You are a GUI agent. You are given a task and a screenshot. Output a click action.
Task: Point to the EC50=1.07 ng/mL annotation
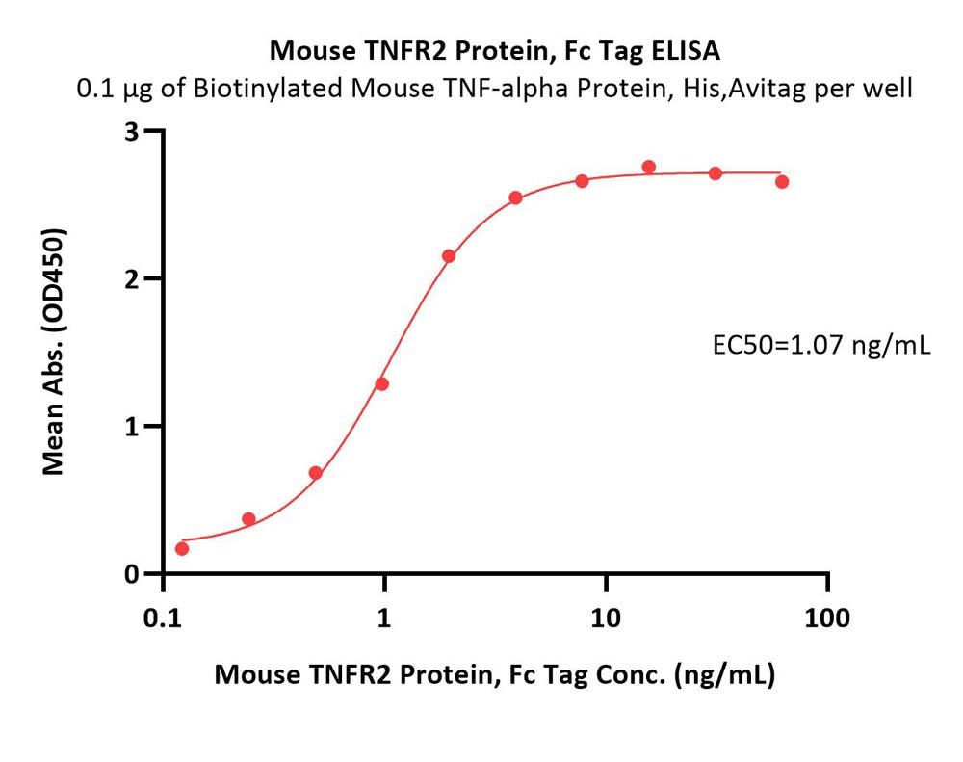click(820, 344)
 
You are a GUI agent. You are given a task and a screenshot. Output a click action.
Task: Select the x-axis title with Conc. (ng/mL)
click(494, 675)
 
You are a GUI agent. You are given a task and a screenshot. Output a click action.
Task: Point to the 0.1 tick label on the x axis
click(163, 617)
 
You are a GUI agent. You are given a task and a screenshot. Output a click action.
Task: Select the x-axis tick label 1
click(385, 617)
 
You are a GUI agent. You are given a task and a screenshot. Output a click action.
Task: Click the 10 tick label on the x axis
click(607, 617)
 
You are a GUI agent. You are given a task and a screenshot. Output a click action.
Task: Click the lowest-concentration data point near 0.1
click(182, 548)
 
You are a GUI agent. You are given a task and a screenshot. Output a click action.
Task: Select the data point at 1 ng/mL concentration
click(382, 383)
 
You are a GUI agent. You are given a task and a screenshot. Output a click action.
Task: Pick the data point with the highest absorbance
click(649, 167)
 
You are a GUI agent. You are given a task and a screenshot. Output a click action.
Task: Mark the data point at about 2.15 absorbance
click(449, 255)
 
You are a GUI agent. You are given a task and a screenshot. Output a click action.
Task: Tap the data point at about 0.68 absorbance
click(315, 473)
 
